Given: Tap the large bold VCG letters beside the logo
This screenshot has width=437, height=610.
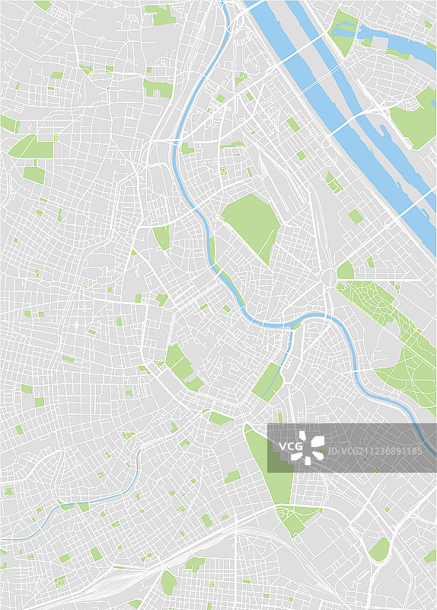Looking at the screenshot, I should pos(290,446).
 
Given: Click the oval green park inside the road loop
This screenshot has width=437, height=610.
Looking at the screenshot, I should pos(378,550).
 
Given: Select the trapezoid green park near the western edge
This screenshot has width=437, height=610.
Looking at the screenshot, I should pos(30,146).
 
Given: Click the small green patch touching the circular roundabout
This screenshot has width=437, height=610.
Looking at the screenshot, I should pos(345,270).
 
